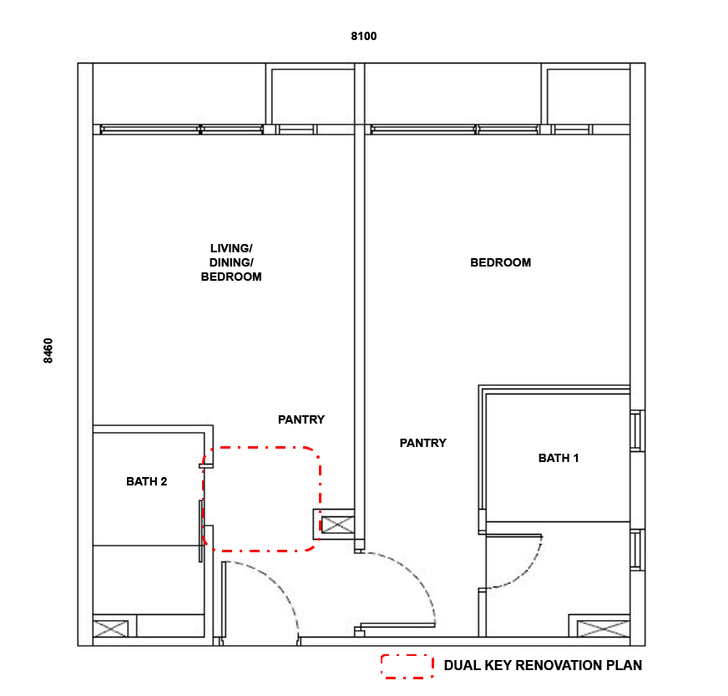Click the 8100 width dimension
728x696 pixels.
point(363,36)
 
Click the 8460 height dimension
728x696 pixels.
point(48,351)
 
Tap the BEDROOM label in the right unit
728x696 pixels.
point(501,262)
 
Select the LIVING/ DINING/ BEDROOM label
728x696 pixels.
point(231,262)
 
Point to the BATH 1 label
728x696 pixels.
point(559,458)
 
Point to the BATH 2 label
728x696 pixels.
point(147,481)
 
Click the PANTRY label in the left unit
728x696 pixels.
point(301,419)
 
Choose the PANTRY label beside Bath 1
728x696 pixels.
point(423,443)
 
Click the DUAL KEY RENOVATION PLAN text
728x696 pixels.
point(543,665)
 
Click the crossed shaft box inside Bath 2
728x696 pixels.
point(110,628)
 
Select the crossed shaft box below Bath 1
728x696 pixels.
point(603,628)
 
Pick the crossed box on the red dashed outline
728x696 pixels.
point(337,525)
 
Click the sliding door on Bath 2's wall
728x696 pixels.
point(201,531)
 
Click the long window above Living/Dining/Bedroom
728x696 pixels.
point(182,130)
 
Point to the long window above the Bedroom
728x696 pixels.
point(454,130)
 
